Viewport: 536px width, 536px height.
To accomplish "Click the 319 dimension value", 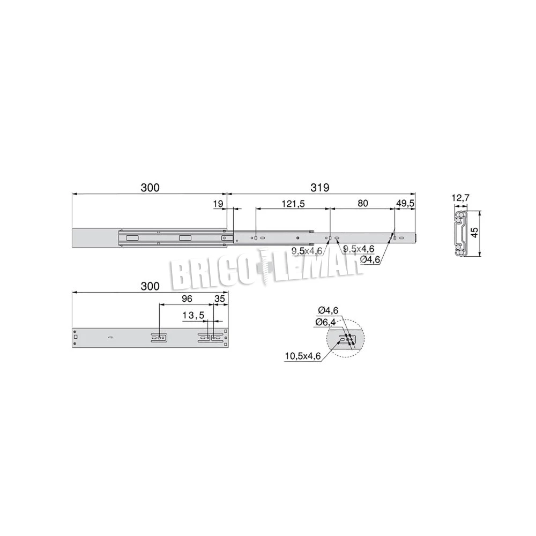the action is click(320, 188).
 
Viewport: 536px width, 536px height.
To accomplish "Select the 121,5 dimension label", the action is click(293, 204).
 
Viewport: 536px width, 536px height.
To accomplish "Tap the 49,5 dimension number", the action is click(405, 203).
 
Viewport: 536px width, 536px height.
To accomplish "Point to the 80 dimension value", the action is click(362, 203).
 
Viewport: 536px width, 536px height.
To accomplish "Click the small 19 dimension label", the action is click(218, 204).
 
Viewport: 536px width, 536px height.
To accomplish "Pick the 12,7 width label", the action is click(460, 198).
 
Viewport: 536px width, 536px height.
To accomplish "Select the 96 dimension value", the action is click(187, 299).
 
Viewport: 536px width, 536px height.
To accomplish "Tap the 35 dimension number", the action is click(219, 299).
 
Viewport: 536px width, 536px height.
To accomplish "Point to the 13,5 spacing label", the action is click(193, 315).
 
